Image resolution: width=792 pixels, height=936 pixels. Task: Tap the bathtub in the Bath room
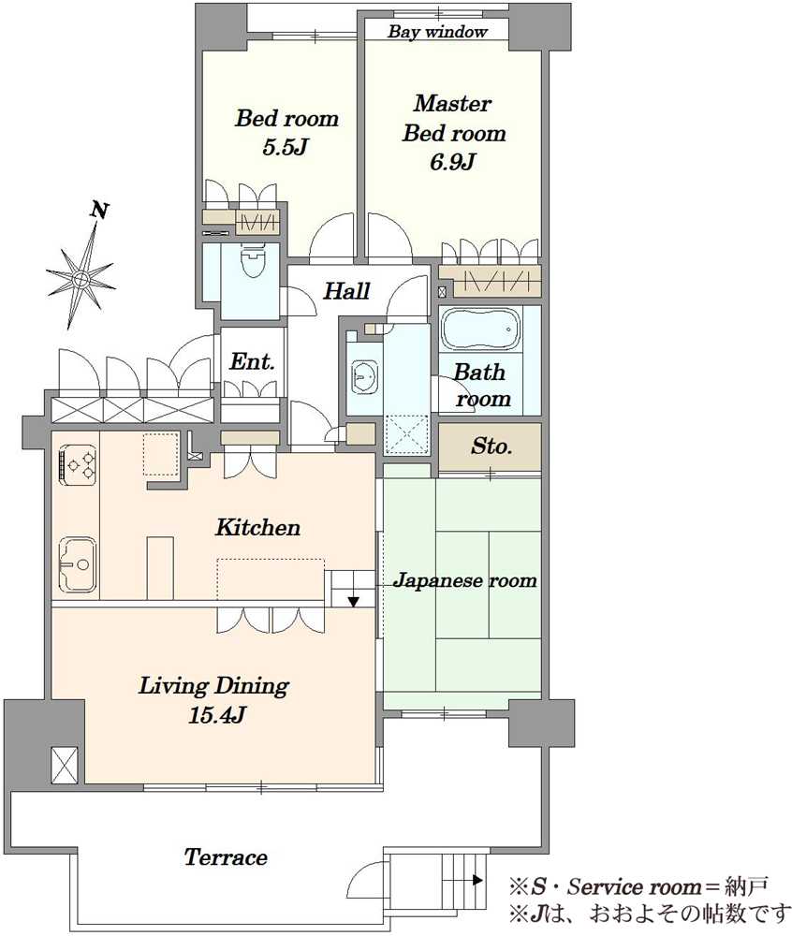click(x=480, y=329)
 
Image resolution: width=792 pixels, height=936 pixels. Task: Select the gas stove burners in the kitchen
click(x=79, y=462)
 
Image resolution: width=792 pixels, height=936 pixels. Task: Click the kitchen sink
click(x=78, y=563)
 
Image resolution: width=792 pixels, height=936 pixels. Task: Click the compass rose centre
click(x=81, y=279)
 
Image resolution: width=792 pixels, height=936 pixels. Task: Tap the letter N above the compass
click(x=99, y=210)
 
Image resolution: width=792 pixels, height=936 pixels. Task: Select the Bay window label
click(x=437, y=31)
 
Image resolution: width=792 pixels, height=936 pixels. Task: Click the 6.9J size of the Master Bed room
click(x=452, y=161)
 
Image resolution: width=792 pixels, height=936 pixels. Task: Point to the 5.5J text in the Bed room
click(x=286, y=147)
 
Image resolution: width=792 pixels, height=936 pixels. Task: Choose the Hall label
click(x=346, y=291)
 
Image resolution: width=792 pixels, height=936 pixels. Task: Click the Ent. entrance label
click(x=252, y=361)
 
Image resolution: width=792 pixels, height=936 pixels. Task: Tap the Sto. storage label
click(x=491, y=446)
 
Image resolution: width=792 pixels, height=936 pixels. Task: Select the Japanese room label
click(x=464, y=580)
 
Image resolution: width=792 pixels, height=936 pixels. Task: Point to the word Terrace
click(x=225, y=857)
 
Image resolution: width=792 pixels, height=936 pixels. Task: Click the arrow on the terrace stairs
click(x=477, y=879)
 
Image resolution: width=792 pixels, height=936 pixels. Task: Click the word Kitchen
click(x=257, y=527)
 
